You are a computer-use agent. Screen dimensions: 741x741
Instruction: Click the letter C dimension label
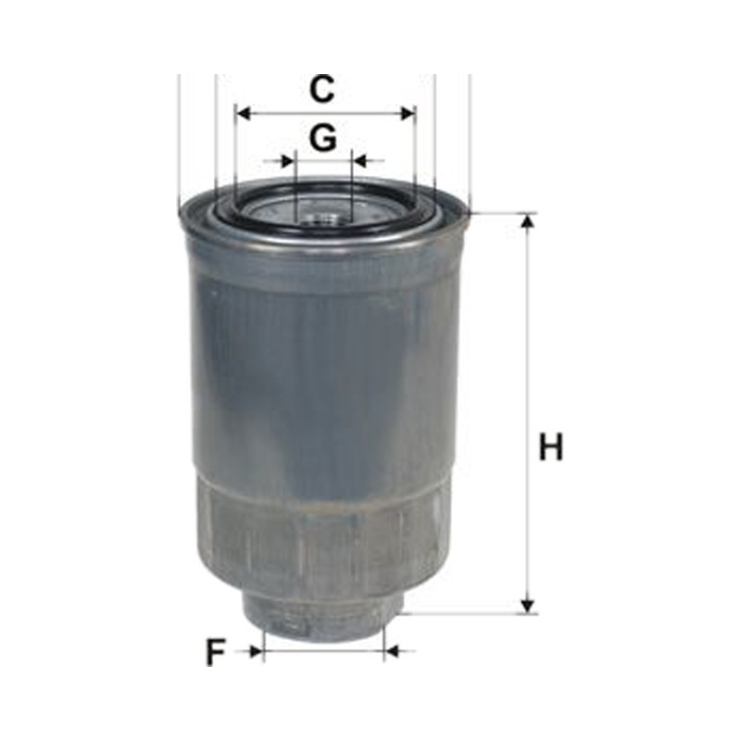coord(321,89)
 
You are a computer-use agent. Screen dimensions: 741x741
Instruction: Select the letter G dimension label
coord(323,137)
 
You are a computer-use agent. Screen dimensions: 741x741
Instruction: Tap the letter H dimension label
coord(551,446)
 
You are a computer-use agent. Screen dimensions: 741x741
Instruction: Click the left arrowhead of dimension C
coord(243,113)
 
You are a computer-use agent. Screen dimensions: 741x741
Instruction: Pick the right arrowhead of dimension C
coord(408,113)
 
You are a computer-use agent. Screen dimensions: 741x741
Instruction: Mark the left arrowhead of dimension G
coord(288,161)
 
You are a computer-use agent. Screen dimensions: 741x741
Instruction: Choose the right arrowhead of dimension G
coord(360,161)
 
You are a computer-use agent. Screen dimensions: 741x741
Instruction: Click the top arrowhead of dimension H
coord(528,221)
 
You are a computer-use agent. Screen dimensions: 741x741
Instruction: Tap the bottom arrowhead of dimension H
coord(528,607)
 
